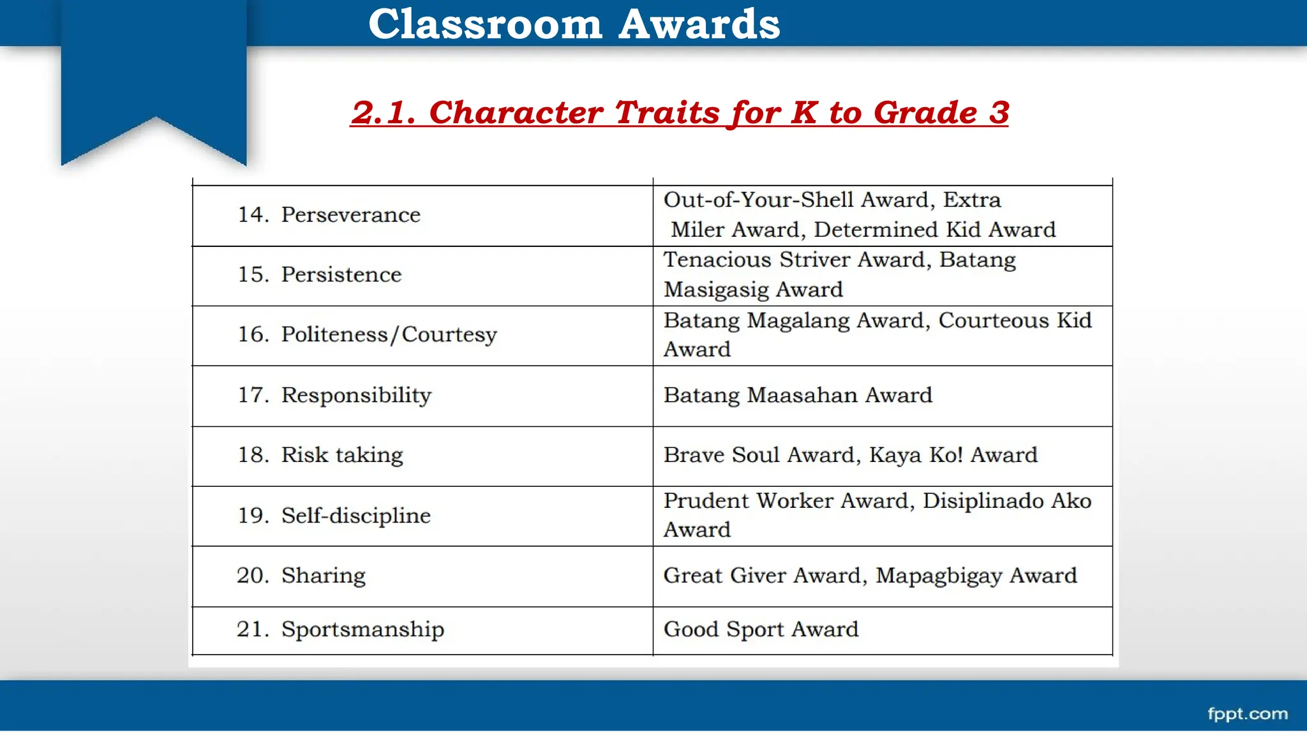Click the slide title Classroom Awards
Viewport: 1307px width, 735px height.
coord(574,24)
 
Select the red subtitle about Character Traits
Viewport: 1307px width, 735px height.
coord(680,112)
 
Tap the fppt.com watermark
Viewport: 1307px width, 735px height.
coord(1247,713)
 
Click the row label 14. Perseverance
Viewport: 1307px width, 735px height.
coord(329,215)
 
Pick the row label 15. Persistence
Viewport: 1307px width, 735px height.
coord(319,274)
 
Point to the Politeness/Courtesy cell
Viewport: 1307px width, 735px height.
coord(367,334)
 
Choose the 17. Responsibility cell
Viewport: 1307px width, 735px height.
coord(334,395)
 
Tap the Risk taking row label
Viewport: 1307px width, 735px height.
coord(342,455)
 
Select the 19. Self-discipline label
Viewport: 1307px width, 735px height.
coord(334,516)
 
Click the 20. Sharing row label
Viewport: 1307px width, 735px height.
coord(301,575)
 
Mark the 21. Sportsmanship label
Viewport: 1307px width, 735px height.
coord(340,629)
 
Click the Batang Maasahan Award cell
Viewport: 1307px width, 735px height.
coord(798,395)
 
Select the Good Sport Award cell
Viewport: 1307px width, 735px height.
coord(761,629)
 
